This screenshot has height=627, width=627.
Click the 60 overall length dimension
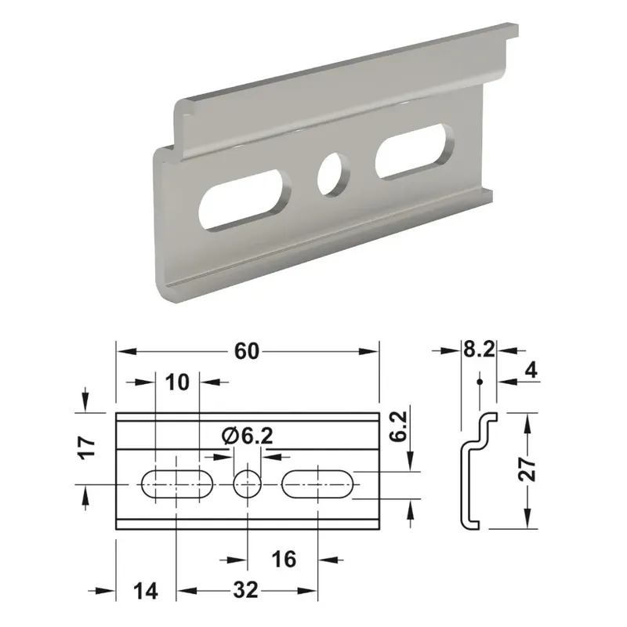(247, 351)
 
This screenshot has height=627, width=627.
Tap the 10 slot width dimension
(177, 382)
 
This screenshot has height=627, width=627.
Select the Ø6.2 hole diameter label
(248, 436)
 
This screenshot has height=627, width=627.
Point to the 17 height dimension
(88, 448)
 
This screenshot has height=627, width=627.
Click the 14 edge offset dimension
(146, 591)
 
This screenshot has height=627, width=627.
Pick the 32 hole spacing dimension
(246, 590)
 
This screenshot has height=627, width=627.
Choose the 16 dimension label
(284, 559)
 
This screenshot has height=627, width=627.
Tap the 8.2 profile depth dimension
(479, 350)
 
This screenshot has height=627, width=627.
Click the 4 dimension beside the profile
(531, 371)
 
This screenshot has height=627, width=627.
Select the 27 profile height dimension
(527, 469)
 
